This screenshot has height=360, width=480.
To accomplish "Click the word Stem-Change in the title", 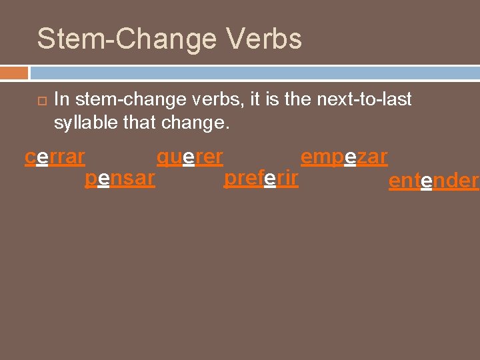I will coord(126,39).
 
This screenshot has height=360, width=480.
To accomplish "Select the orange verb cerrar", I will coord(55,157).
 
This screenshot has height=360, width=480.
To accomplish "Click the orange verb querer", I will coord(190,157).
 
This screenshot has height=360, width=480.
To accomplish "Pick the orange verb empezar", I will coord(344,157).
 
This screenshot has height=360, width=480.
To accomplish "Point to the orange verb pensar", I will coord(120,179).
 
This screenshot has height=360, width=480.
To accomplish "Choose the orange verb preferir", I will coord(261,179).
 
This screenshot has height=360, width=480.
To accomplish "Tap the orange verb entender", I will coord(433,181).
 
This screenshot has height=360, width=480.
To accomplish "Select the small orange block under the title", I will coord(14,72).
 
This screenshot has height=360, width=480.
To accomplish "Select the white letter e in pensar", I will coord(103,179).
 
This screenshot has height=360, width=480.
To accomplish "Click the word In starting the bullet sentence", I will coord(61,99).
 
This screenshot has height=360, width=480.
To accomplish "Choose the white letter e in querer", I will coord(189,157).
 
